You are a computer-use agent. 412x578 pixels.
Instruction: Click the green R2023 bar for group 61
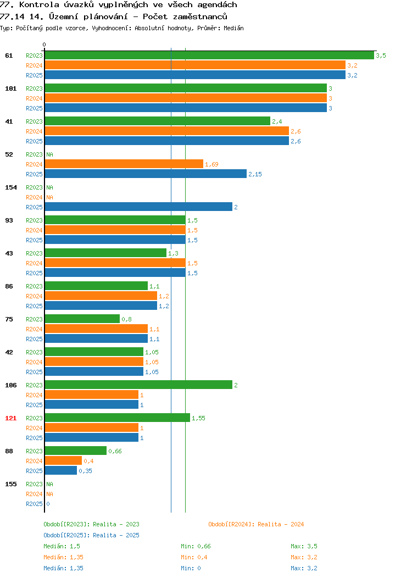coord(209,55)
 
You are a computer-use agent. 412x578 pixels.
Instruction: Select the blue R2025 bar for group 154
coord(138,207)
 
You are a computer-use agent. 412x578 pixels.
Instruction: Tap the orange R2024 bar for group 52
coord(124,164)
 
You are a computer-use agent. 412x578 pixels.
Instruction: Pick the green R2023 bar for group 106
coord(138,385)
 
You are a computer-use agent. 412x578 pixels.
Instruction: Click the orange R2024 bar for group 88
coord(63,461)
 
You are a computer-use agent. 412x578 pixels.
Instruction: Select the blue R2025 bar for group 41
coord(167,141)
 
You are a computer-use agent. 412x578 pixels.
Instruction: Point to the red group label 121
coord(10,418)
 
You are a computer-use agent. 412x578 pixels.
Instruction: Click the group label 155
coord(10,484)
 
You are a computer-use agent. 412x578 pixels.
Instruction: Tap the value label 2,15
coord(255,174)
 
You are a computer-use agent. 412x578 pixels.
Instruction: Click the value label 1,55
coord(198,418)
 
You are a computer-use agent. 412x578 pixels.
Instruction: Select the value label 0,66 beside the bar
coord(115,451)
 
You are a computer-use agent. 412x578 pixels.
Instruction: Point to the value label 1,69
coord(211,164)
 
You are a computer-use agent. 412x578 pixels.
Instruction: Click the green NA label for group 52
coord(50,154)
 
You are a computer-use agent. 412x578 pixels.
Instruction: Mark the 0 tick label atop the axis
coord(44,45)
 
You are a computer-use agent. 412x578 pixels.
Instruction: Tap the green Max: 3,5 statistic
coord(304,546)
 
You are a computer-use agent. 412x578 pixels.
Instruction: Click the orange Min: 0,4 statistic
coord(194,557)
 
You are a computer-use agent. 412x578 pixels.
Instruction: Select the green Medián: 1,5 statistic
coord(62,546)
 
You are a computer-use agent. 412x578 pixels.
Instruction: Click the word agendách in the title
coord(217,4)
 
